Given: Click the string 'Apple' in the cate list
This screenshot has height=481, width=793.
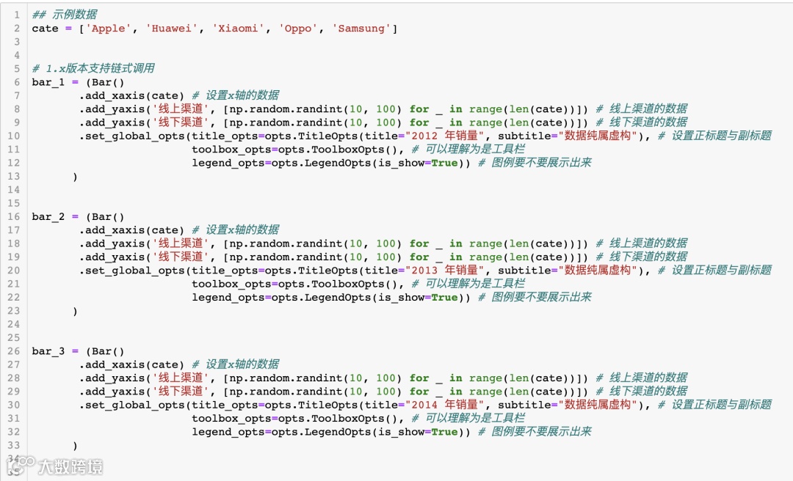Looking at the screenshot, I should (109, 29).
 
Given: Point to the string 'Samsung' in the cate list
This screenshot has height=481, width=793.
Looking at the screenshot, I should (361, 29).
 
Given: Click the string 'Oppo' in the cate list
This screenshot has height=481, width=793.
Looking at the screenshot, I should (298, 29).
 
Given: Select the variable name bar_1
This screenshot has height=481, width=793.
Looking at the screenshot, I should (48, 82).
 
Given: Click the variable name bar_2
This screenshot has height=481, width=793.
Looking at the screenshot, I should (48, 217).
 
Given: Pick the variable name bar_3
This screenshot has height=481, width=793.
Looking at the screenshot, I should (48, 351).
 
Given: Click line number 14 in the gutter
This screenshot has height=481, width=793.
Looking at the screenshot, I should (15, 190).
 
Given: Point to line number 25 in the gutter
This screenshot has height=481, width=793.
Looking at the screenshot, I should (15, 338).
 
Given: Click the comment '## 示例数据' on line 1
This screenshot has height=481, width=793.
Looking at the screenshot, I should (65, 15).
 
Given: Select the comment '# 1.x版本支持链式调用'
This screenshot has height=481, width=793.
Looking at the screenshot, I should (93, 68).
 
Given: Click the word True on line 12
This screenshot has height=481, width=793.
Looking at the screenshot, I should (444, 163).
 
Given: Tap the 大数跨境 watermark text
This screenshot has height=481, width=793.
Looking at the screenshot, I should (70, 466).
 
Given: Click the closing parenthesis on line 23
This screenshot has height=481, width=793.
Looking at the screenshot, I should (75, 311).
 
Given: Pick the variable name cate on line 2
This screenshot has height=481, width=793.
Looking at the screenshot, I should (45, 29).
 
